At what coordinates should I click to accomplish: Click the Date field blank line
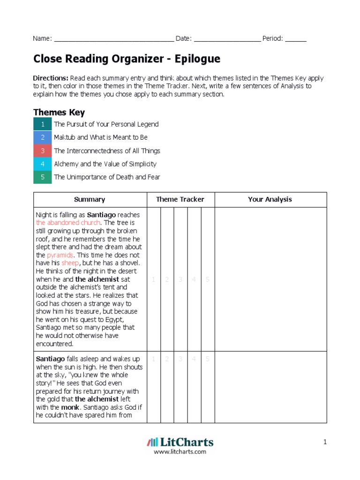[227, 39]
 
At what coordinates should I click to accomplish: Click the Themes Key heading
[59, 112]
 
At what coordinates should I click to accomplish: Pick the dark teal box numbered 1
[42, 124]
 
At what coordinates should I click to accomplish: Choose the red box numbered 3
[42, 151]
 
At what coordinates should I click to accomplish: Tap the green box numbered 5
[42, 177]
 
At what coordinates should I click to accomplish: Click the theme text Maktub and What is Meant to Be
[100, 137]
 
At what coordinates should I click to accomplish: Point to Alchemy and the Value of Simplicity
[105, 164]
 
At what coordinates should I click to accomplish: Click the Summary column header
[90, 199]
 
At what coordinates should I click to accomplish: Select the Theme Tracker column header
[180, 199]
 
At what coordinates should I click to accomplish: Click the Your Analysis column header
[270, 199]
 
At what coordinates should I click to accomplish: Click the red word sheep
[70, 263]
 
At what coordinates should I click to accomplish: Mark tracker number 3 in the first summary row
[180, 279]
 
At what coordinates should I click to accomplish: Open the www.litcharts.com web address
[180, 452]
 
